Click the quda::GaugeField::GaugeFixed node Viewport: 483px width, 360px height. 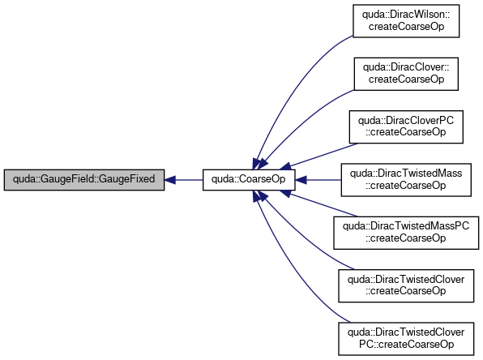(x=84, y=180)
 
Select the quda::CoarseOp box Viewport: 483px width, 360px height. (x=249, y=180)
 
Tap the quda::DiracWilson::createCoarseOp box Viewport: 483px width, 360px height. (x=406, y=21)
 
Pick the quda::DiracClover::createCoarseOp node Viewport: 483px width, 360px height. (x=406, y=74)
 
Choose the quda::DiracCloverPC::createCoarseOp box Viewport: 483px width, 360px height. (x=406, y=126)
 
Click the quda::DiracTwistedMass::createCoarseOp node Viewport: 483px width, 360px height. (x=406, y=180)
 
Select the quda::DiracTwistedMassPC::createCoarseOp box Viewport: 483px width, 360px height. (x=406, y=233)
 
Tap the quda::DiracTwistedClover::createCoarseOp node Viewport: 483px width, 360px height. (x=406, y=285)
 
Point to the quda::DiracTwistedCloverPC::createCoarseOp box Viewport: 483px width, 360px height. (x=406, y=339)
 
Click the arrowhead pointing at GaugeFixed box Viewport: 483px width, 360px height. (x=169, y=180)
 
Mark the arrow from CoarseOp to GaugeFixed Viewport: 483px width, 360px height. (x=184, y=180)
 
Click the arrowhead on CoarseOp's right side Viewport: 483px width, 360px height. (x=301, y=180)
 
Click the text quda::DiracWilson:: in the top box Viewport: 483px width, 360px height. (x=406, y=15)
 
